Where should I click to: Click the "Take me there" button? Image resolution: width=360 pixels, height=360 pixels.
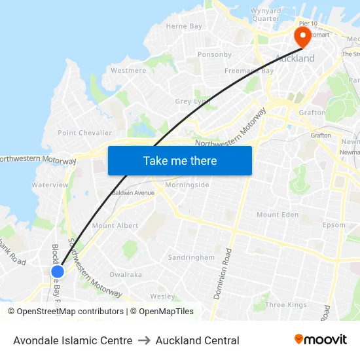coord(179,160)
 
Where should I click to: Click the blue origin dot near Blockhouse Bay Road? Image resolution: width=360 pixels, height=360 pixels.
coord(58,271)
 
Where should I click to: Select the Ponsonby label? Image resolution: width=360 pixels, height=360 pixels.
coord(215,54)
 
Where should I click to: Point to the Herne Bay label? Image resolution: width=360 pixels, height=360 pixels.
coord(184,26)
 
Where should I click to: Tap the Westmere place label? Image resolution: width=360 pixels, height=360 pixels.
coord(128,70)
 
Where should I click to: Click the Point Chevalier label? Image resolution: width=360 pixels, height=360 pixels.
coord(85,133)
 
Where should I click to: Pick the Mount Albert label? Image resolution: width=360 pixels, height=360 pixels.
coord(115,225)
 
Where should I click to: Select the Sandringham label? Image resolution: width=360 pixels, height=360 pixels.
coord(191,257)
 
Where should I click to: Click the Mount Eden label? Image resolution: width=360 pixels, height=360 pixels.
coord(278,215)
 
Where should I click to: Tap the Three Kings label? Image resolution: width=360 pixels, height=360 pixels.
coord(286,304)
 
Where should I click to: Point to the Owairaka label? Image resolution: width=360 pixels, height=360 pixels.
coord(126,274)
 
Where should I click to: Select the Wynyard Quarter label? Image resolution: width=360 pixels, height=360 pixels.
coord(266,14)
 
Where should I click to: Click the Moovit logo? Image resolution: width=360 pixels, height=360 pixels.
coord(321,340)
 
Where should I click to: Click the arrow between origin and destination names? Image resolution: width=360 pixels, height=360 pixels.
coord(144,340)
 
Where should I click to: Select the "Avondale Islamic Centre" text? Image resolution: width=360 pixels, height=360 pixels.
coord(73,340)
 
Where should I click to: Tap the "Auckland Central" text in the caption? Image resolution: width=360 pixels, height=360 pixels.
coord(197,340)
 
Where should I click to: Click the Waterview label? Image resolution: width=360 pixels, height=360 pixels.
coord(50,185)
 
